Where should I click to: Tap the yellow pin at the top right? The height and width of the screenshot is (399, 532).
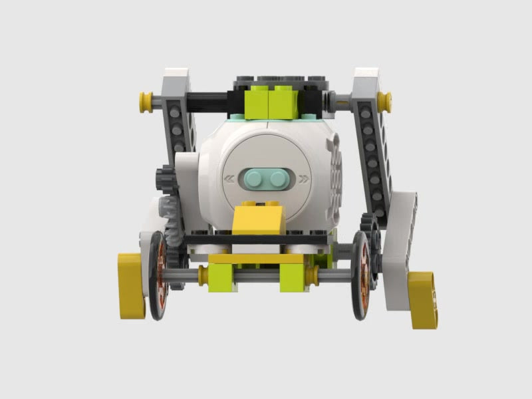pos(384,101)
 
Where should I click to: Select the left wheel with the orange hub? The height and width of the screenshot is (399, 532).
pos(158,275)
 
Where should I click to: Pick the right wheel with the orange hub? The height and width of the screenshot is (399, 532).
pos(361,275)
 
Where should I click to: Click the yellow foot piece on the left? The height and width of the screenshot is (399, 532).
pos(131,285)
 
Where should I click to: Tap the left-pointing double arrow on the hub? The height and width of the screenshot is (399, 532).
pos(229,178)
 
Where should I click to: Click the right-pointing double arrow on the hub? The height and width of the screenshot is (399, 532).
pos(304,178)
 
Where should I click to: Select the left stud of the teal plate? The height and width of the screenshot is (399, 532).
pos(255,178)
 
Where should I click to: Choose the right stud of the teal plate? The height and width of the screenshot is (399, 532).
pos(278,178)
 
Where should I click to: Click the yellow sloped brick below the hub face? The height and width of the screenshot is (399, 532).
pos(260,219)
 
